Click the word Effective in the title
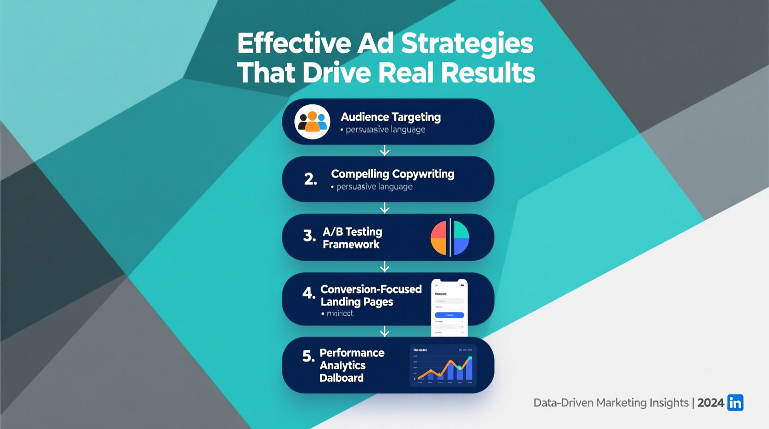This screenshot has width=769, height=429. point(294,43)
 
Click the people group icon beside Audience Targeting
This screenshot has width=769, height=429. point(312,122)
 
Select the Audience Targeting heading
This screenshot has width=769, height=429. point(391,117)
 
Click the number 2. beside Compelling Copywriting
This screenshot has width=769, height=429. point(311,179)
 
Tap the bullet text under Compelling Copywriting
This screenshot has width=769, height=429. point(374,187)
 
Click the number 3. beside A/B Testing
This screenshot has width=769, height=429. point(310,236)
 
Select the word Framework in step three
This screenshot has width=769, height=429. point(351,245)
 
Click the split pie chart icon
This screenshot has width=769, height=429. point(450,238)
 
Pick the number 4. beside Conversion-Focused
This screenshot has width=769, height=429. point(308,293)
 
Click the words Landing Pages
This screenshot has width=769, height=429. point(356,302)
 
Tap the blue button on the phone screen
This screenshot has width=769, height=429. point(449,315)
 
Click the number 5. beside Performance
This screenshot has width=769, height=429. point(308,356)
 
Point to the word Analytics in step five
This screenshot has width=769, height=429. point(342,365)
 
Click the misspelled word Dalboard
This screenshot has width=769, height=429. point(342,378)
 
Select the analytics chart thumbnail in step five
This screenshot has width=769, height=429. point(443,365)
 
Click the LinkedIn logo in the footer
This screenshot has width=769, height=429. point(735,403)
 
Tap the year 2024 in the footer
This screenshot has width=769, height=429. point(710,403)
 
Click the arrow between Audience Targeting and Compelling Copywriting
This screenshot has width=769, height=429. point(384,151)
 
